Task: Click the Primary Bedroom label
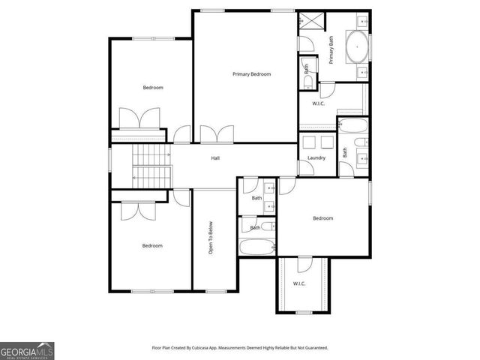[251, 74]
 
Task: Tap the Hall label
[215, 158]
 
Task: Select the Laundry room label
[316, 158]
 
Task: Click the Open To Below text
[211, 238]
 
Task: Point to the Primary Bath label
[331, 50]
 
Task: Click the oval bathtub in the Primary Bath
[358, 46]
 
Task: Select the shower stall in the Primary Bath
[308, 21]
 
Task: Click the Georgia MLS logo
[27, 350]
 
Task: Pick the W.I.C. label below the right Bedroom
[299, 283]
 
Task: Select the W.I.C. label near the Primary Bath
[318, 103]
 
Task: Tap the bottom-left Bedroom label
[152, 245]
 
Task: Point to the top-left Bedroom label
[153, 88]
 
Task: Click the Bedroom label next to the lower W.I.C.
[322, 218]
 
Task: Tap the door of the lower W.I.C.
[304, 263]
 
